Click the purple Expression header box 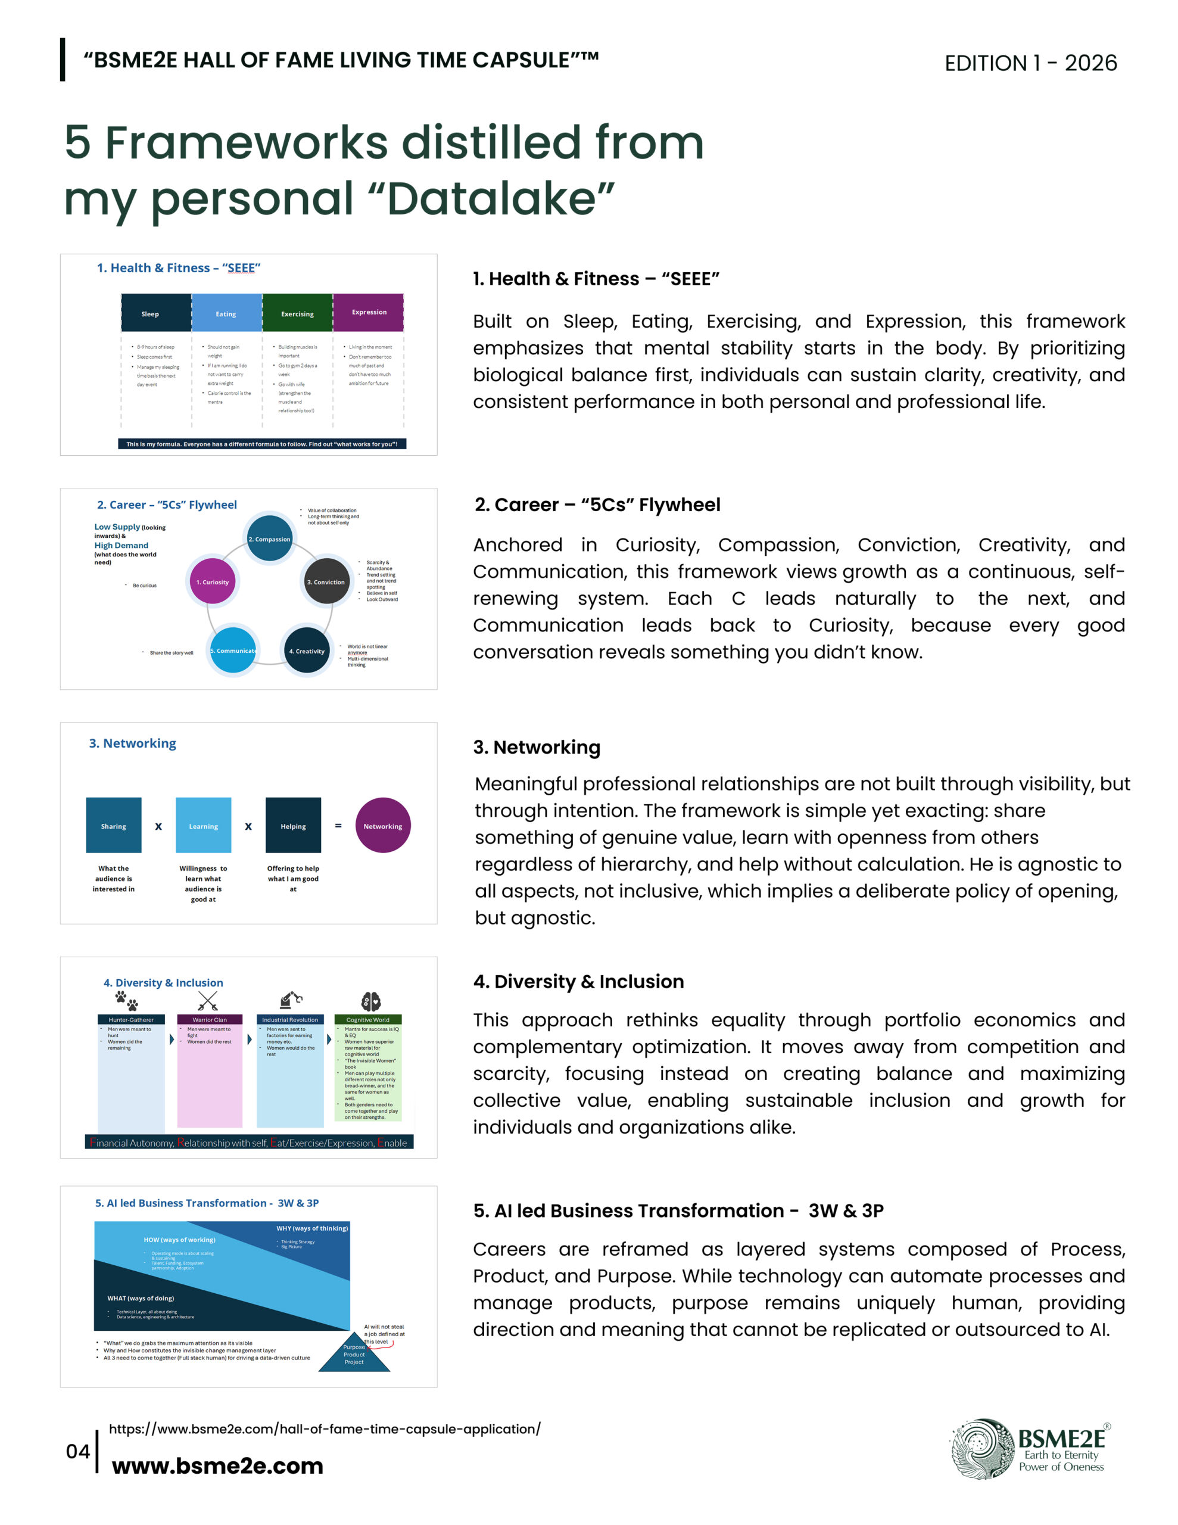click(368, 312)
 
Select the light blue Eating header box click(226, 313)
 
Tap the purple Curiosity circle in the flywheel click(212, 581)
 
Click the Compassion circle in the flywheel click(270, 539)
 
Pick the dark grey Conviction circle click(326, 581)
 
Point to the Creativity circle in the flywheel click(307, 650)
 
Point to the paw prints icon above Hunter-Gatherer click(127, 1001)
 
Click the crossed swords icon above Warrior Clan click(208, 1001)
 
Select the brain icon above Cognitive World click(371, 1001)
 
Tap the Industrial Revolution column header click(290, 1019)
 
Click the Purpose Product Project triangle click(354, 1355)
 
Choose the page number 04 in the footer click(77, 1451)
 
